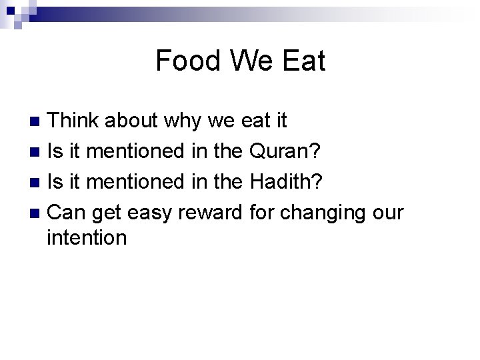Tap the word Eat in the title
point(303,61)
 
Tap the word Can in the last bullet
point(67,212)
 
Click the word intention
point(87,237)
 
